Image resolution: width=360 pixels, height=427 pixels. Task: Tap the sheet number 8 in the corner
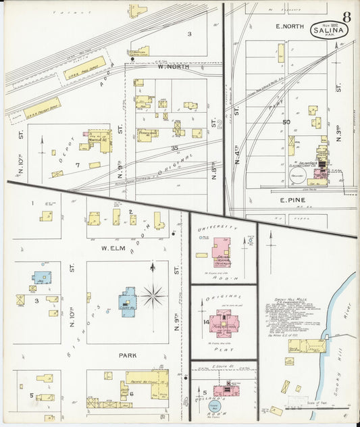pyautogui.click(x=346, y=16)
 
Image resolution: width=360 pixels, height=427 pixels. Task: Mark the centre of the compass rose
pyautogui.click(x=153, y=295)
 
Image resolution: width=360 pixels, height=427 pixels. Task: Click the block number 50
pyautogui.click(x=286, y=122)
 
